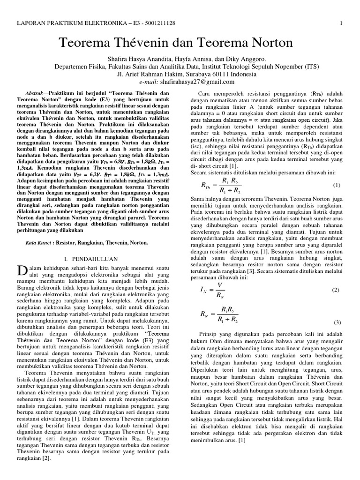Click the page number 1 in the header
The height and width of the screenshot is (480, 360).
point(342,23)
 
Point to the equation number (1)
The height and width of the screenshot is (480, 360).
point(337,185)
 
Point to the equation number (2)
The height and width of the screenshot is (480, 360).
point(336,290)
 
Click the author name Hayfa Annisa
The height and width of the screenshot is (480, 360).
point(190,60)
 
